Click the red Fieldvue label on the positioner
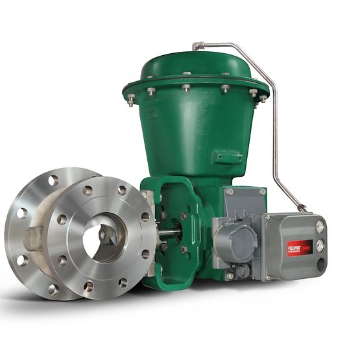point(299,248)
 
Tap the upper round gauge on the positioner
point(319,226)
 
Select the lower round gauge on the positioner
point(319,245)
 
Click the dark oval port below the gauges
point(319,263)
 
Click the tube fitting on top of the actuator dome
point(198,47)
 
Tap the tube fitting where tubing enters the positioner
point(302,208)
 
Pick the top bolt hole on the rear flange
point(53,180)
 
